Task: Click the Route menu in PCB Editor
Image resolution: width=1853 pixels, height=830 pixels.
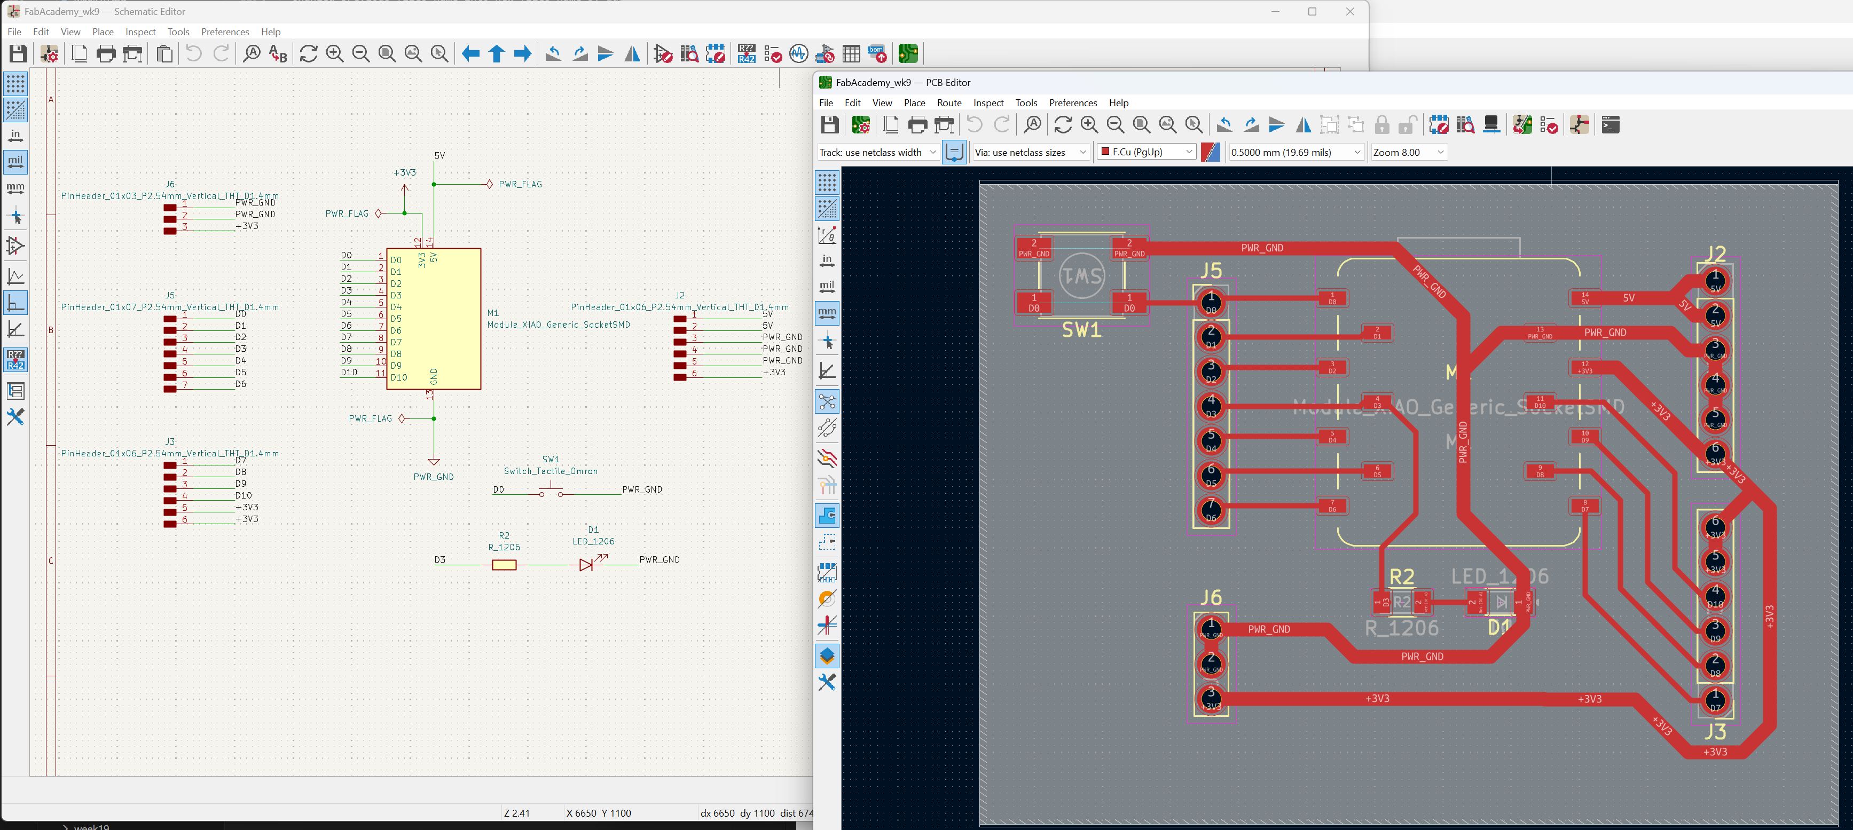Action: coord(949,103)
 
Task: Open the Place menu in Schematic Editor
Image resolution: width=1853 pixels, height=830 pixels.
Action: coord(103,31)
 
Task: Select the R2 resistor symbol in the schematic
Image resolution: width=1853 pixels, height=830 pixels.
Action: coord(504,565)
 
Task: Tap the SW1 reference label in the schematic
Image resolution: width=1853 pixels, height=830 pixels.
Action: coord(550,459)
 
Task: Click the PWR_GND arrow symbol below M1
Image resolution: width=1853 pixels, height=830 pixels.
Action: coord(434,461)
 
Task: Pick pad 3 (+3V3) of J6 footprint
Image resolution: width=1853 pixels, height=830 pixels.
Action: coord(1211,698)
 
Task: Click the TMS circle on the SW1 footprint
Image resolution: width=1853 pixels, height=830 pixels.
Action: coord(1081,275)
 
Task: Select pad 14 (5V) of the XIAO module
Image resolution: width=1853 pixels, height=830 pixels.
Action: coord(1585,298)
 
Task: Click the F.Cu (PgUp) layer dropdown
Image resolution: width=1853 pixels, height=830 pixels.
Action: coord(1146,152)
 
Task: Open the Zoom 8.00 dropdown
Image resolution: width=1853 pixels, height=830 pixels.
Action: coord(1408,152)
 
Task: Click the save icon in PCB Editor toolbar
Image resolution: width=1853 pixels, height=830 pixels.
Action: coord(829,124)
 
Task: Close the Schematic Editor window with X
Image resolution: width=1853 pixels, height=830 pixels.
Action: coord(1349,12)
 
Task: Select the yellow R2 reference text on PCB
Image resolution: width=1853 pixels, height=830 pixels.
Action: coord(1401,576)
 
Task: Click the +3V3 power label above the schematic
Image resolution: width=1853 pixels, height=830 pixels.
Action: coord(404,172)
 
